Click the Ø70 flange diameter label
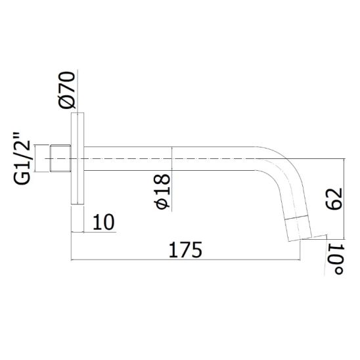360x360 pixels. click(x=67, y=90)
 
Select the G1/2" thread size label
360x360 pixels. click(x=22, y=158)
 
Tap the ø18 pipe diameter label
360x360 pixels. click(x=162, y=191)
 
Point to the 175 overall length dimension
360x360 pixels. click(x=185, y=250)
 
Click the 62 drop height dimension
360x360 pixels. click(x=334, y=199)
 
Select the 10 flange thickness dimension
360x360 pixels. click(x=104, y=222)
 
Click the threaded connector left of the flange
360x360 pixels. click(x=60, y=158)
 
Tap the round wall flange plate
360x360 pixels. click(x=78, y=158)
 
